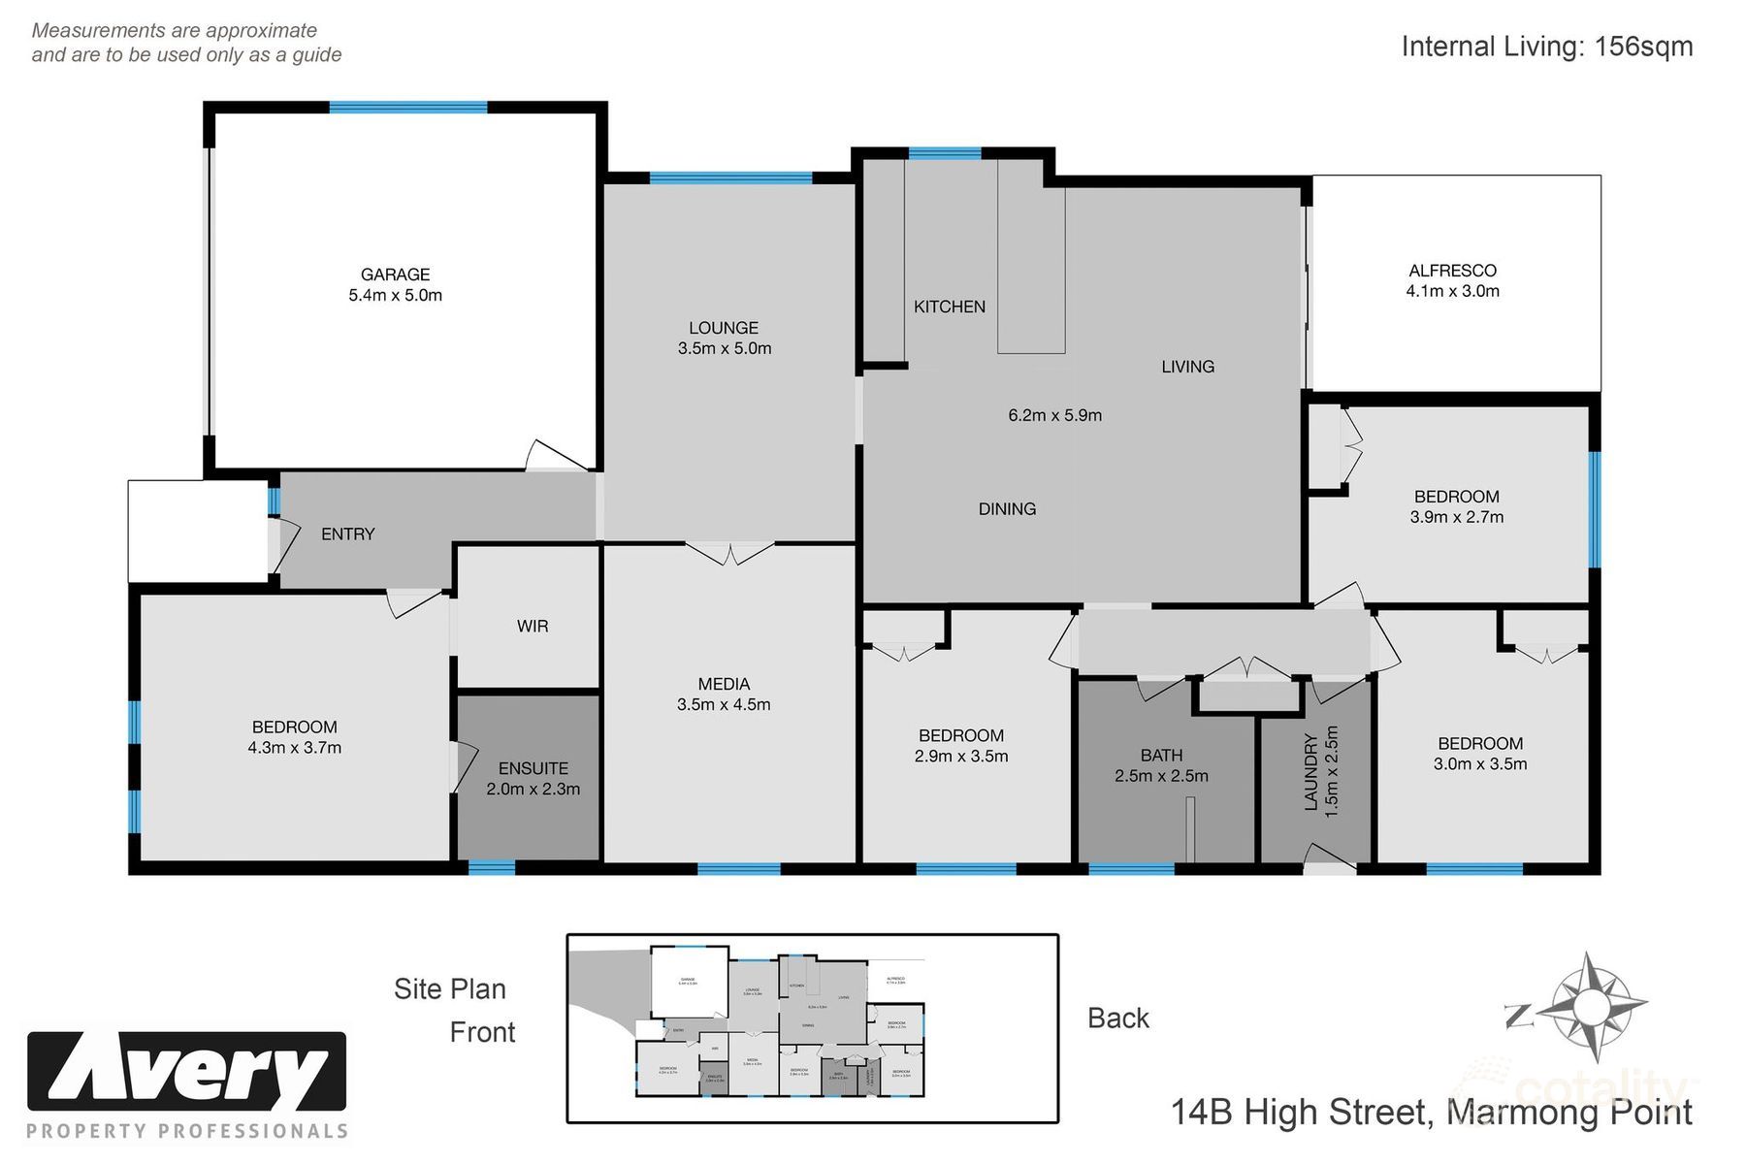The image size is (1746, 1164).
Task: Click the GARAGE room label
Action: click(395, 275)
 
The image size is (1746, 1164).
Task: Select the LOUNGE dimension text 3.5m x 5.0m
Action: click(724, 348)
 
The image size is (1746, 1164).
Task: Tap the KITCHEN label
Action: click(949, 307)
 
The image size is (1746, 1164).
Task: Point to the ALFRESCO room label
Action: click(1452, 271)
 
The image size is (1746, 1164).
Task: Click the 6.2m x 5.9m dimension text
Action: click(1054, 415)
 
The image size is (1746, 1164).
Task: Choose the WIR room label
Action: click(532, 627)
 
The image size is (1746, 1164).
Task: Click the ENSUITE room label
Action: click(533, 768)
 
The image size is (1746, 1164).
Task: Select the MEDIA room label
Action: click(724, 684)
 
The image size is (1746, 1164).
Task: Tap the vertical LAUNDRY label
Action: click(1311, 772)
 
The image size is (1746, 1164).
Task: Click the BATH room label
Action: click(1161, 755)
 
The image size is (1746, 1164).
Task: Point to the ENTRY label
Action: click(347, 534)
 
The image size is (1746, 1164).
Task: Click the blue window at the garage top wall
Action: click(407, 108)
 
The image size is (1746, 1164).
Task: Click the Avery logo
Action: click(186, 1071)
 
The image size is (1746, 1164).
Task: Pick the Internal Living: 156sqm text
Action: click(1546, 47)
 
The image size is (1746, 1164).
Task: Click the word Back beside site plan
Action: click(1117, 1018)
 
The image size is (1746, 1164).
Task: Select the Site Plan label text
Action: click(449, 989)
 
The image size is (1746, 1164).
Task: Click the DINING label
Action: click(1007, 509)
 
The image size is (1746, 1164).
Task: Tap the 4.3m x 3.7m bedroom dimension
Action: click(294, 748)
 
